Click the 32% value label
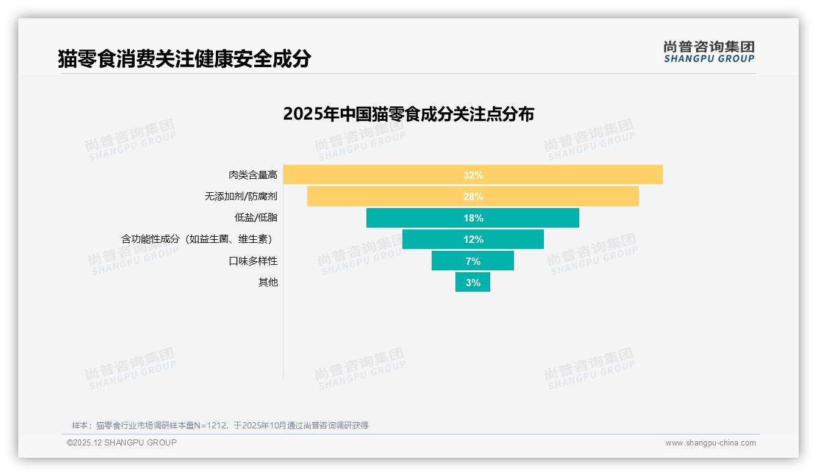tap(473, 175)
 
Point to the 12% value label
tap(473, 239)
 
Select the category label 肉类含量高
tap(253, 175)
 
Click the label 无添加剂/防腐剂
tap(241, 197)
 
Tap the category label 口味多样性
tap(253, 261)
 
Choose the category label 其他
tap(268, 283)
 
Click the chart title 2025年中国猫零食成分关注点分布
tap(408, 114)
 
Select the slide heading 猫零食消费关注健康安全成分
tap(184, 59)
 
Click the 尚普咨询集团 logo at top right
tap(708, 51)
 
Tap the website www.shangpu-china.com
tap(710, 443)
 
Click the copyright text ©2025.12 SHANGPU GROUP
tap(122, 442)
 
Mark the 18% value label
tap(473, 218)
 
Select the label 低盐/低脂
tap(256, 218)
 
